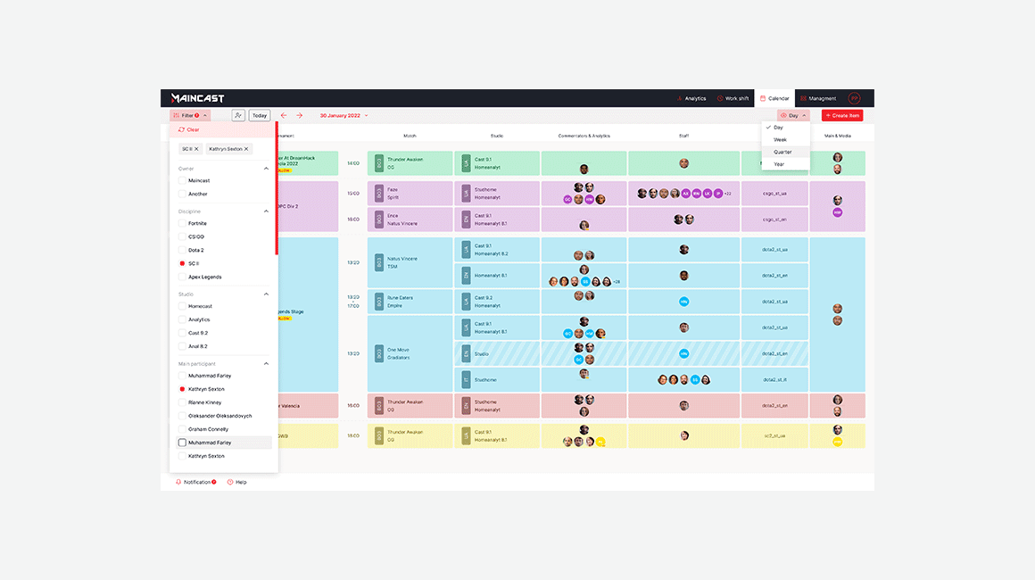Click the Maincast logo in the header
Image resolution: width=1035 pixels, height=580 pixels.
pos(194,98)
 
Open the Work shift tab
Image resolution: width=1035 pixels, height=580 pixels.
pos(733,98)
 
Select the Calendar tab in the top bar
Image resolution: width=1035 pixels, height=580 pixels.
pos(774,98)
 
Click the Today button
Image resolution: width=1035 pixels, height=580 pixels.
pos(260,115)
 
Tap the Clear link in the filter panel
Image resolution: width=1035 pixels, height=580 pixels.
pos(189,129)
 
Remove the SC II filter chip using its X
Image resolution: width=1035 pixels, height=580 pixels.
pos(197,149)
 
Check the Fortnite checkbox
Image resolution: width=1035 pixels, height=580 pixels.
pos(182,223)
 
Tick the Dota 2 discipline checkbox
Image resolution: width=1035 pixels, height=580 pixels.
pos(182,250)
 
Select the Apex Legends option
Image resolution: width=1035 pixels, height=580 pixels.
pos(182,277)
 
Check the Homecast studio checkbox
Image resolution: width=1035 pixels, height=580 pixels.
pos(182,306)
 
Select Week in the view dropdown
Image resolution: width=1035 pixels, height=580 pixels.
pos(781,140)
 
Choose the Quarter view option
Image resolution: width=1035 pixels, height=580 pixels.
pos(782,152)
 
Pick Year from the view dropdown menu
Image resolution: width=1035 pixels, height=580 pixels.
pos(780,164)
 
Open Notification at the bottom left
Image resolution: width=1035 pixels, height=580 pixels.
pos(196,482)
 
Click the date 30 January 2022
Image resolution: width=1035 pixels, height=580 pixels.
pos(341,115)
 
